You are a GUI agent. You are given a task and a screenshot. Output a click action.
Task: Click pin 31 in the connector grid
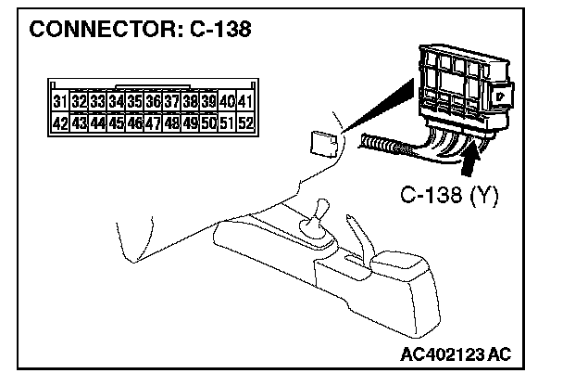[59, 100]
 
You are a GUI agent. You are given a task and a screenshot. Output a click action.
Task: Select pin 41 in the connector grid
[244, 100]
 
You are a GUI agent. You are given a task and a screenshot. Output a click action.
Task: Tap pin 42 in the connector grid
[59, 122]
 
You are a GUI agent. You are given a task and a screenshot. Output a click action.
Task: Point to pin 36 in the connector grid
[153, 100]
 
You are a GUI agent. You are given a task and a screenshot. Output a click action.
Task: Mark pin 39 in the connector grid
[208, 100]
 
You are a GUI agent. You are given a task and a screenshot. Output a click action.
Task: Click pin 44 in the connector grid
[97, 122]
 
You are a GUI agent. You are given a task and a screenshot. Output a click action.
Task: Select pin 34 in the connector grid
[116, 100]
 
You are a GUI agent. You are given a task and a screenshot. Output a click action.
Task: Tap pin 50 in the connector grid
[208, 122]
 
